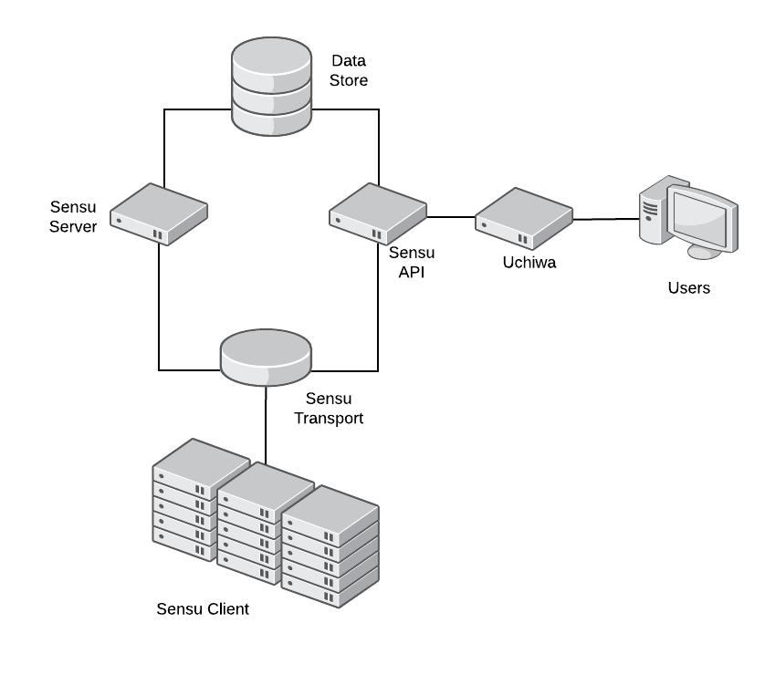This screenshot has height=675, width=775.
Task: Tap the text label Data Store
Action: click(x=349, y=71)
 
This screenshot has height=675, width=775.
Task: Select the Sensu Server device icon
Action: click(x=159, y=214)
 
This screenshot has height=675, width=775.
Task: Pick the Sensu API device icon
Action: click(x=378, y=213)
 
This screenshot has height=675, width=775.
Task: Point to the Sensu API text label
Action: click(x=412, y=261)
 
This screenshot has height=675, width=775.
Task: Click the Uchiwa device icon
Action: click(x=524, y=218)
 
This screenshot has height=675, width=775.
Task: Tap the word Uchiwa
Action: click(x=529, y=263)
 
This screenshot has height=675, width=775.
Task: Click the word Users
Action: click(x=688, y=289)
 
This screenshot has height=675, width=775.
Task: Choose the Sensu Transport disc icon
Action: click(x=267, y=357)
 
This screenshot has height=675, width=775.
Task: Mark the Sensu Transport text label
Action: click(x=333, y=409)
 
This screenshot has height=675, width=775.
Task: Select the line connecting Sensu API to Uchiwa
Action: click(x=451, y=217)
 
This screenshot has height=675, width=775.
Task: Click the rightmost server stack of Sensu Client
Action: click(x=330, y=547)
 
